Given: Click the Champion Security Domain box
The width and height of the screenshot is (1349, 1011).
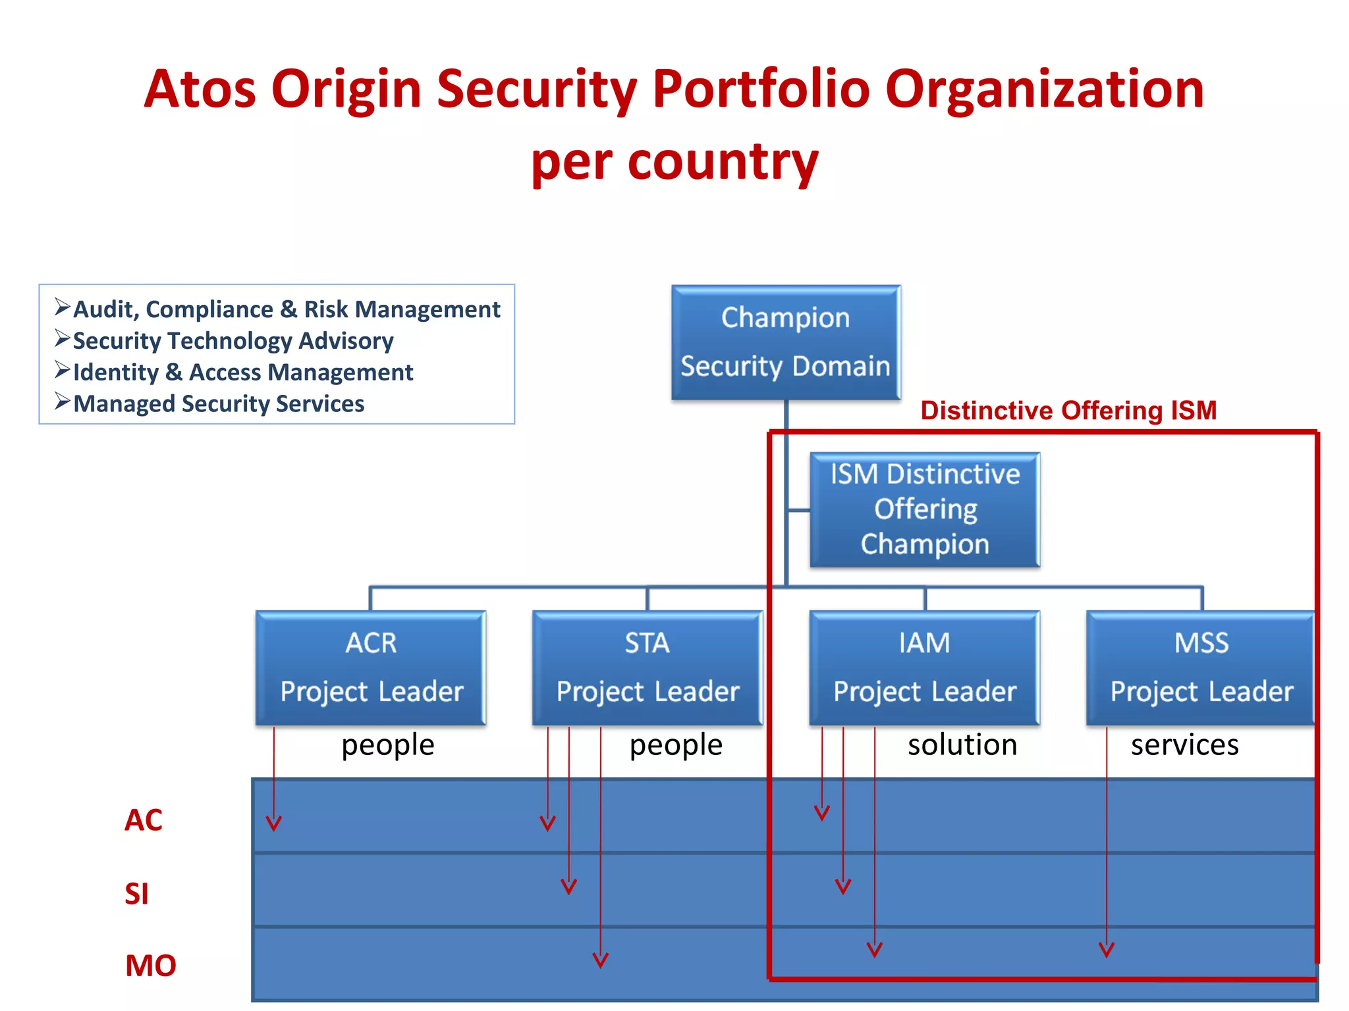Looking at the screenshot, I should click(x=785, y=342).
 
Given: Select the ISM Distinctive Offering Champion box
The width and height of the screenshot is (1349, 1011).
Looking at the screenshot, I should click(x=924, y=509).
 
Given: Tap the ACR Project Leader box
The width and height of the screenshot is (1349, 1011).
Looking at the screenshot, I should click(x=371, y=667).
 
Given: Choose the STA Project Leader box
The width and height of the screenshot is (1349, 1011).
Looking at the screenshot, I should click(x=647, y=667).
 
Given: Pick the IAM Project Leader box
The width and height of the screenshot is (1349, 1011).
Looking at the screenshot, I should click(x=924, y=667).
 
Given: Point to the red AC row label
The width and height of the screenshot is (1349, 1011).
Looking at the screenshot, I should click(x=143, y=820).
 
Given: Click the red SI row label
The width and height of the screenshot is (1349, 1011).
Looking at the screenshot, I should click(x=136, y=894).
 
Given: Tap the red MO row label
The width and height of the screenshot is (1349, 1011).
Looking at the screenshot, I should click(x=150, y=966).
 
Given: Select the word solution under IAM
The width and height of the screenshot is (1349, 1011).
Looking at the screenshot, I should click(x=962, y=745).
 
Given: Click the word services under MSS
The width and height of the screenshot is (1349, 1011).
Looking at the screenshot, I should click(x=1184, y=745).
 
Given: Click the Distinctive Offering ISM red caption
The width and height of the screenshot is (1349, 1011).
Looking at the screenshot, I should click(x=1068, y=411).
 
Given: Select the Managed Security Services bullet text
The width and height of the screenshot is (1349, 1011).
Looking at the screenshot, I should click(x=218, y=403).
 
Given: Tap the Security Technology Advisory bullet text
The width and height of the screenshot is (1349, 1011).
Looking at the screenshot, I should click(x=233, y=341).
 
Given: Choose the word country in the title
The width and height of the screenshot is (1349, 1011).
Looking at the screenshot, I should click(x=723, y=161).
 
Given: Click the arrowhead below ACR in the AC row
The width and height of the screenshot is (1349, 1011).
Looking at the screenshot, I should click(x=274, y=823).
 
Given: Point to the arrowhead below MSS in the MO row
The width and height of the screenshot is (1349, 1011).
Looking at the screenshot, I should click(x=1107, y=950).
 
